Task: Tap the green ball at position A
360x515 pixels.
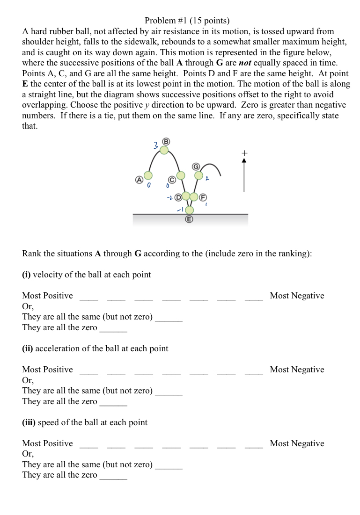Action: (148, 175)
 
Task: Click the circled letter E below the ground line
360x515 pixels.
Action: (190, 219)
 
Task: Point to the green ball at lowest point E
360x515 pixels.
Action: (190, 210)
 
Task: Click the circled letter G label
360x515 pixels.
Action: (196, 167)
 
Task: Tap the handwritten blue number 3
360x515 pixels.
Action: (155, 145)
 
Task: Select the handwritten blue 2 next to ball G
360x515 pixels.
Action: (206, 179)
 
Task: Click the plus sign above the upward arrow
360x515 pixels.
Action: (243, 152)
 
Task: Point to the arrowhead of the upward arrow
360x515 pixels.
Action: (243, 160)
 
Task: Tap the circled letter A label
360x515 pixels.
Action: (139, 180)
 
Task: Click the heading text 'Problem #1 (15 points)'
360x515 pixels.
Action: (187, 21)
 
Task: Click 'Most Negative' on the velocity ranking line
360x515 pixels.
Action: (297, 296)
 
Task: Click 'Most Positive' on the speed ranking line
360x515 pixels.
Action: (47, 443)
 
